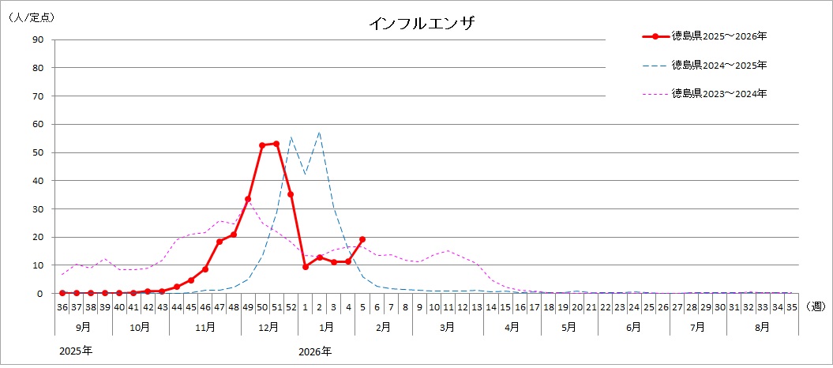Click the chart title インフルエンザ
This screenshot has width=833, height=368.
click(421, 24)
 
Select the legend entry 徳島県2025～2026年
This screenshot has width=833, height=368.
click(719, 36)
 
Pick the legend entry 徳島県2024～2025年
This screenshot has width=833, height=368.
click(719, 65)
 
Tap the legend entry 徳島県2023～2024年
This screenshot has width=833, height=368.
click(719, 93)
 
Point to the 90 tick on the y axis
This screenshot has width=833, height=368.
click(37, 39)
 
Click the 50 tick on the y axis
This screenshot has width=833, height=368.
click(37, 152)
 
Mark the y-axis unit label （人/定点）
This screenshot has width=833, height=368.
click(32, 16)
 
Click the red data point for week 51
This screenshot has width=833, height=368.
click(276, 144)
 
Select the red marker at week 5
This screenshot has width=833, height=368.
click(362, 239)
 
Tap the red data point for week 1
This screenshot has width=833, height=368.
click(306, 267)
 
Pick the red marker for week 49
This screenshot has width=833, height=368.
click(248, 199)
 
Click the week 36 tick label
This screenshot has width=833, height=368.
click(62, 306)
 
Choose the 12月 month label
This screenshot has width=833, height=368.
click(269, 325)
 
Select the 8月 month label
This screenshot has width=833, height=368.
click(762, 325)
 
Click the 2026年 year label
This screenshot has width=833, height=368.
click(315, 351)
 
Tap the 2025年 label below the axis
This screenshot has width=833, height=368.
click(76, 351)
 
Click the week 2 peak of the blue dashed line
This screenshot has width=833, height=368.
click(320, 132)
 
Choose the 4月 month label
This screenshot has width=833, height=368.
click(512, 325)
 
